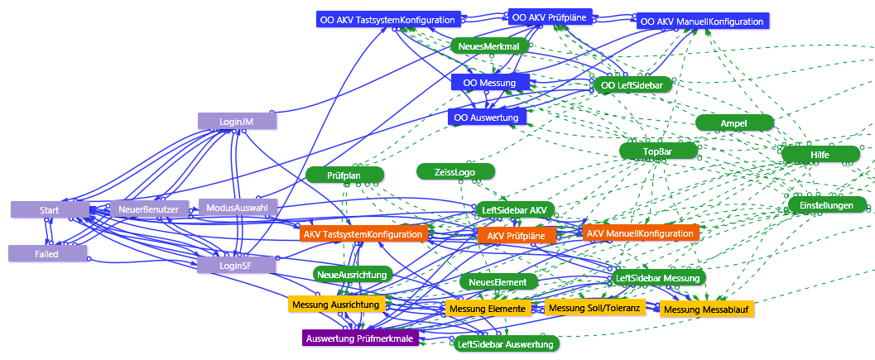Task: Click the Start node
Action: (49, 210)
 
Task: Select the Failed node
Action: (47, 254)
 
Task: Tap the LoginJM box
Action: (236, 121)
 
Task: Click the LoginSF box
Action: (235, 265)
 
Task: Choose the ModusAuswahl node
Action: (238, 207)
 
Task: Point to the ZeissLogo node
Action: (456, 171)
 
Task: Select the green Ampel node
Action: (733, 122)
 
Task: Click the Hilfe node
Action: (820, 154)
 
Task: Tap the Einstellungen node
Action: (826, 204)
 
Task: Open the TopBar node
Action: (658, 151)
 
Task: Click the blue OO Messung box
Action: (490, 83)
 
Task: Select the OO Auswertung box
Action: (487, 118)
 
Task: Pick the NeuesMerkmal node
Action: (488, 47)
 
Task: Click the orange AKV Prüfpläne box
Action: (517, 236)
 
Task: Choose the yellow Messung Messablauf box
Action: (708, 310)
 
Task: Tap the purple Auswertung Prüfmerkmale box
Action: (359, 338)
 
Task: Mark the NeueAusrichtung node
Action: (352, 274)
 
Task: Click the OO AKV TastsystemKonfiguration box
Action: (387, 19)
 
